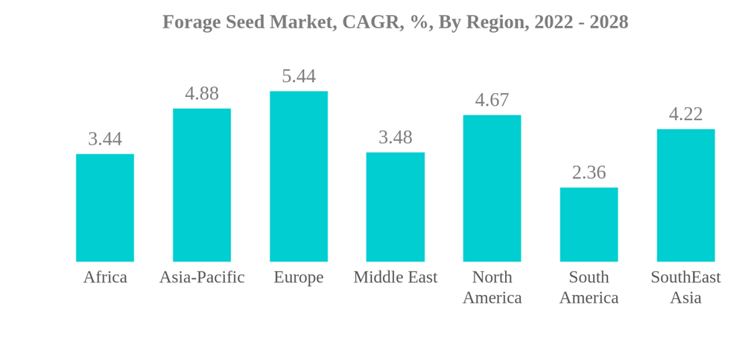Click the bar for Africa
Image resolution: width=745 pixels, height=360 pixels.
pyautogui.click(x=105, y=208)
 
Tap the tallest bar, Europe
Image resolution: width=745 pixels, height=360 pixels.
pyautogui.click(x=299, y=177)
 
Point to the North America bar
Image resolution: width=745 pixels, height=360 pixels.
pyautogui.click(x=492, y=189)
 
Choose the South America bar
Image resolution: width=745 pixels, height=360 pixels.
pyautogui.click(x=589, y=224)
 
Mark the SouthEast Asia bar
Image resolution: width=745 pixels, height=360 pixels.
pyautogui.click(x=685, y=195)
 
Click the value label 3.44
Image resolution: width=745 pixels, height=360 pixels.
pyautogui.click(x=105, y=139)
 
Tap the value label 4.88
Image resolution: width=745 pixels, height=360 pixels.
pyautogui.click(x=202, y=93)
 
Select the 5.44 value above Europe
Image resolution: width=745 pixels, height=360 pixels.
pyautogui.click(x=299, y=76)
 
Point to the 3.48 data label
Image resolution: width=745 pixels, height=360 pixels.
pyautogui.click(x=396, y=137)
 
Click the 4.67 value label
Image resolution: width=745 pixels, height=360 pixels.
pyautogui.click(x=492, y=100)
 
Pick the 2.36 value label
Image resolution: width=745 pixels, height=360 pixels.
pyautogui.click(x=589, y=172)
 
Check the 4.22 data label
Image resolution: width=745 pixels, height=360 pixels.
pyautogui.click(x=685, y=114)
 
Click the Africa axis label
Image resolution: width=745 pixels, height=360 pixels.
pyautogui.click(x=105, y=277)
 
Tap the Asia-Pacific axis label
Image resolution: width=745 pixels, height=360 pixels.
pyautogui.click(x=202, y=277)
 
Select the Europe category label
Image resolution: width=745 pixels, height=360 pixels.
pyautogui.click(x=299, y=277)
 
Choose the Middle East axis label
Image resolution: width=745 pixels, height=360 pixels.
pyautogui.click(x=396, y=277)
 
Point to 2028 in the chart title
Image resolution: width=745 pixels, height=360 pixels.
pyautogui.click(x=609, y=22)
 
